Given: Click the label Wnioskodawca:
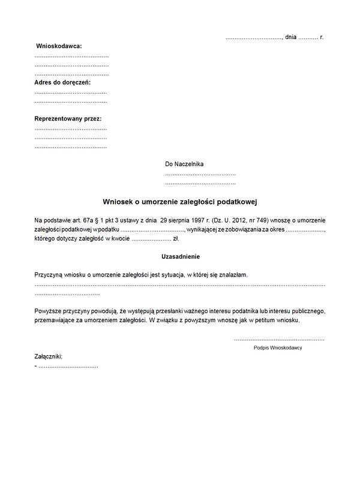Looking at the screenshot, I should (x=59, y=46).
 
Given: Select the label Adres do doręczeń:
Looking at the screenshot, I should (x=62, y=82).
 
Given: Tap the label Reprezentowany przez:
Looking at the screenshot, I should (x=68, y=119).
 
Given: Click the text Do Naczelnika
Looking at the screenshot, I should (x=184, y=164).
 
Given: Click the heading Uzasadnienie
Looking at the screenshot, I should (x=180, y=256).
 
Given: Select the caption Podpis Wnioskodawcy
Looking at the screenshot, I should (x=278, y=348).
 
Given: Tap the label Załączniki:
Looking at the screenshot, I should (x=49, y=356).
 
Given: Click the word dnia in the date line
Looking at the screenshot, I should (x=291, y=37).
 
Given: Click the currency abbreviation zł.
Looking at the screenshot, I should (x=176, y=238).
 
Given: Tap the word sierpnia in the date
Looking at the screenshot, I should (x=184, y=220).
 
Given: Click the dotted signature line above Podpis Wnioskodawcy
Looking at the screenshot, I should (x=278, y=339).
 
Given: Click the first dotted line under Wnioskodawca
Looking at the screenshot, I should (x=71, y=55).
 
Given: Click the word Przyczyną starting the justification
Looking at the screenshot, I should (x=50, y=275).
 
